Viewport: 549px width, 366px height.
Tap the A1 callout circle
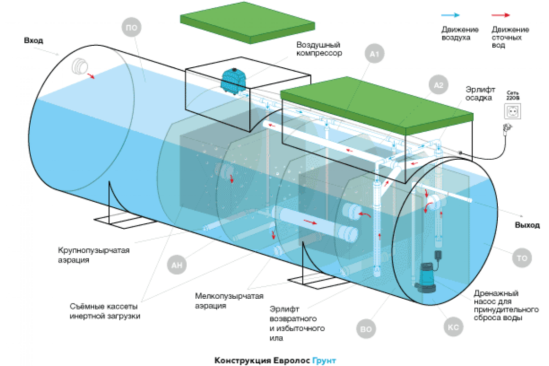375,55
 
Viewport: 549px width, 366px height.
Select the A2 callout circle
438,85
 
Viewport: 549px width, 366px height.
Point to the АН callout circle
177,265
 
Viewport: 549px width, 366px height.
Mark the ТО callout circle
522,258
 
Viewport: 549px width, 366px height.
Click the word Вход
34,40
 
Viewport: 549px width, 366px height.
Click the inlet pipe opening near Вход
81,67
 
